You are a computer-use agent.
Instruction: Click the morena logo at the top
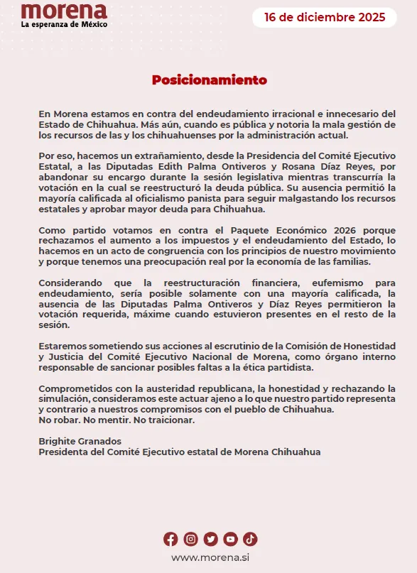(63, 11)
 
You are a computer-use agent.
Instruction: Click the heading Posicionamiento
(210, 80)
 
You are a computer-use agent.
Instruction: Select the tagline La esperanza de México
(64, 25)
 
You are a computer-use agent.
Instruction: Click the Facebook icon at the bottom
(170, 539)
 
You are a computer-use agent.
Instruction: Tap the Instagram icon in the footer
(190, 539)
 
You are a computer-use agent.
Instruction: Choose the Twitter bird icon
(210, 539)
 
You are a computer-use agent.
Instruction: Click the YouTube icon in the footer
(230, 539)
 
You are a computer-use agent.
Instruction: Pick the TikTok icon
(250, 539)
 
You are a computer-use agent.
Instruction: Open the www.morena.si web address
(210, 557)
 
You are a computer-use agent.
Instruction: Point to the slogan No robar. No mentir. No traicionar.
(116, 420)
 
